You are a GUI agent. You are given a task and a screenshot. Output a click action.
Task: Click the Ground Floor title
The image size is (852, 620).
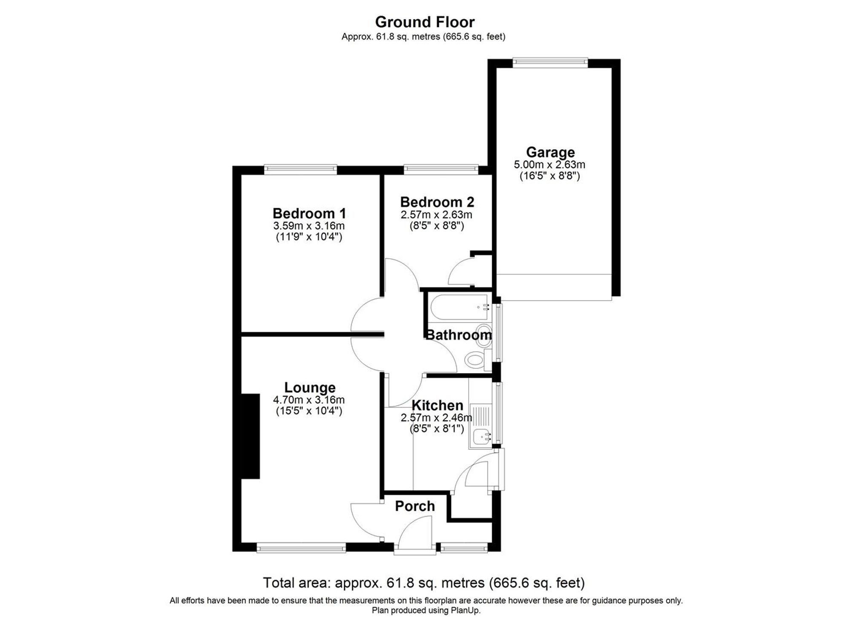[425, 22]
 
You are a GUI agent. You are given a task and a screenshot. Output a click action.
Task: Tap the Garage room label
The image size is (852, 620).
[550, 152]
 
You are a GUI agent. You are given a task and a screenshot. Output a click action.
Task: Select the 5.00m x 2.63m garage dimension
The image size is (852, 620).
[550, 164]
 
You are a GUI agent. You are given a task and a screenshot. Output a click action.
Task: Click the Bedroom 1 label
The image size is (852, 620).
[309, 213]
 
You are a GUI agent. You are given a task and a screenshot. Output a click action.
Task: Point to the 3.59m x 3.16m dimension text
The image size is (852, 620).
[309, 225]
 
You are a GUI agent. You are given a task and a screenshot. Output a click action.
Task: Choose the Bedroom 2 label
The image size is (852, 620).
[437, 202]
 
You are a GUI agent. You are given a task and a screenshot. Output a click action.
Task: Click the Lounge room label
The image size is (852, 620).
[310, 387]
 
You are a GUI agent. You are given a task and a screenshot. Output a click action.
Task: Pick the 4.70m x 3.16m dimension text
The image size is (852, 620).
[309, 400]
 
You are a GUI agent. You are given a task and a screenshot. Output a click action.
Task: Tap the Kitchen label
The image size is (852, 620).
[437, 405]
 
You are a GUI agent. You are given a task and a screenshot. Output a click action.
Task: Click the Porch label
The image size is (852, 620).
[414, 506]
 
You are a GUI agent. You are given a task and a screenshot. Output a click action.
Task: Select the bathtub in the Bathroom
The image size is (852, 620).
[458, 307]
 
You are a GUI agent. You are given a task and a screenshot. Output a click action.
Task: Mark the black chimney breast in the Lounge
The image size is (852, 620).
[250, 436]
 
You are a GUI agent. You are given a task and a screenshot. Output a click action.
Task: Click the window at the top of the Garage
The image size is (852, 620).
[550, 62]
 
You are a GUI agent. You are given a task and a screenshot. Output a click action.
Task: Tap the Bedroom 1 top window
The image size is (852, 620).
[300, 169]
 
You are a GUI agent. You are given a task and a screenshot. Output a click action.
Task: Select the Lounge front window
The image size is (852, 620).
[301, 548]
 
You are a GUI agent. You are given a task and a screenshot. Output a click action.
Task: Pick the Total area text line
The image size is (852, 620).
[423, 582]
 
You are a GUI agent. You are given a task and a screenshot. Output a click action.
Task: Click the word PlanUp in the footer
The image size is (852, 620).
[467, 610]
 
